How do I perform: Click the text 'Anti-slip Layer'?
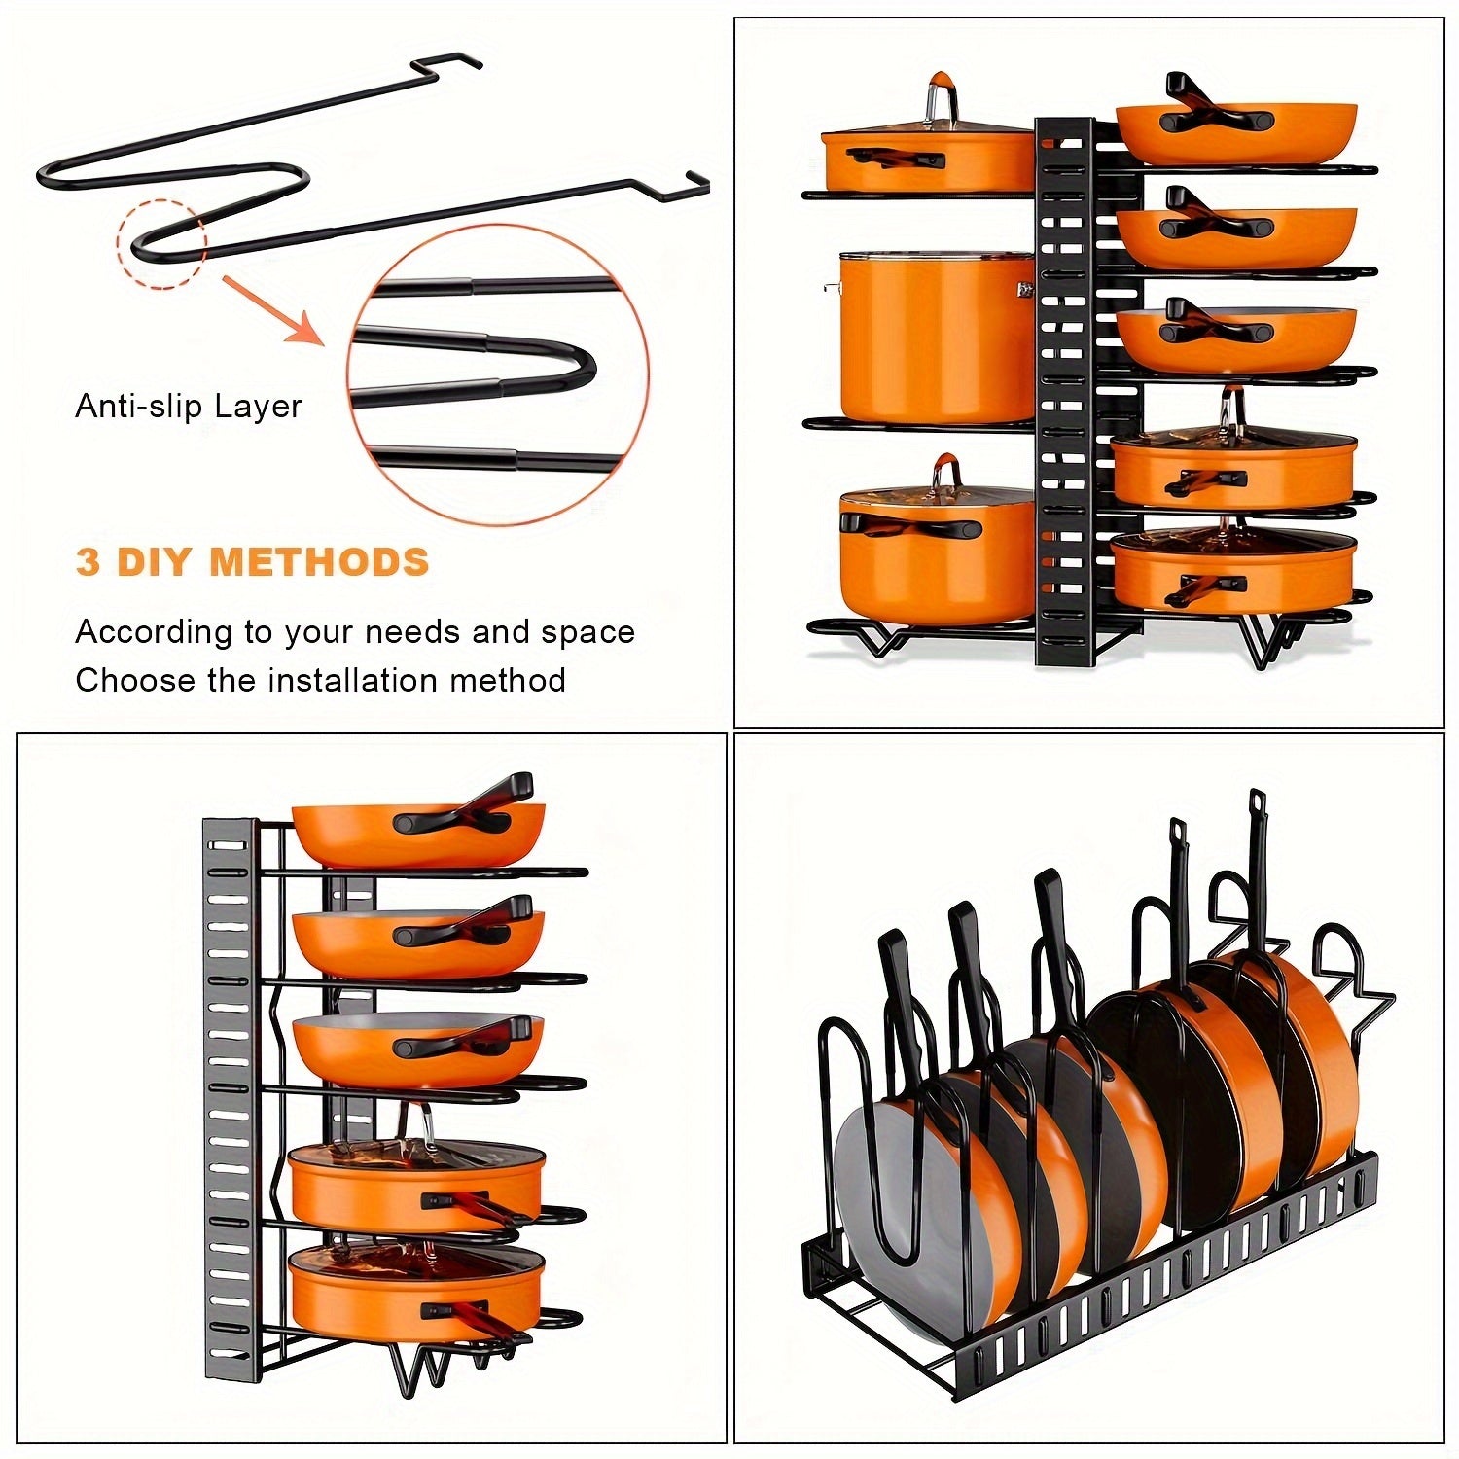tap(189, 406)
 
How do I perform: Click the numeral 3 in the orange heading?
tap(88, 563)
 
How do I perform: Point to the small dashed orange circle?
tap(161, 243)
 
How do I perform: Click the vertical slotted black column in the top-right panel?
tap(1065, 389)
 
